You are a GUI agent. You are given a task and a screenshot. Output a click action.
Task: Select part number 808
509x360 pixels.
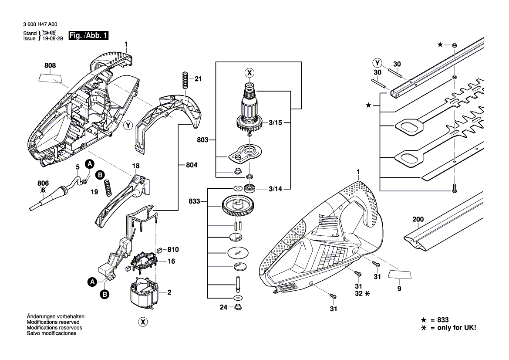click(50, 66)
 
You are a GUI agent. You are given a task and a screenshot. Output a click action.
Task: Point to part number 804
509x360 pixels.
click(191, 166)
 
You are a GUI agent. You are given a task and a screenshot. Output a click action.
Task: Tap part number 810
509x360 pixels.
click(173, 250)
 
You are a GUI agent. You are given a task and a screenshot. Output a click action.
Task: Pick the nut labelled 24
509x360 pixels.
click(238, 307)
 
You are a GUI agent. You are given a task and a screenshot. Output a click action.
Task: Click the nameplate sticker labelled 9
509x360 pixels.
click(400, 273)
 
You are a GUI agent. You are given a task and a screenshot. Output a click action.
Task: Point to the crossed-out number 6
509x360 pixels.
click(43, 190)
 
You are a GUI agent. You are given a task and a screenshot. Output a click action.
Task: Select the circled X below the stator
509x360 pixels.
click(142, 322)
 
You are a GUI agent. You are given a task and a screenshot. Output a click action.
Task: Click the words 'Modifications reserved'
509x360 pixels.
click(53, 322)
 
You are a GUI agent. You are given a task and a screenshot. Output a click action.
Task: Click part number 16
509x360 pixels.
click(171, 261)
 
